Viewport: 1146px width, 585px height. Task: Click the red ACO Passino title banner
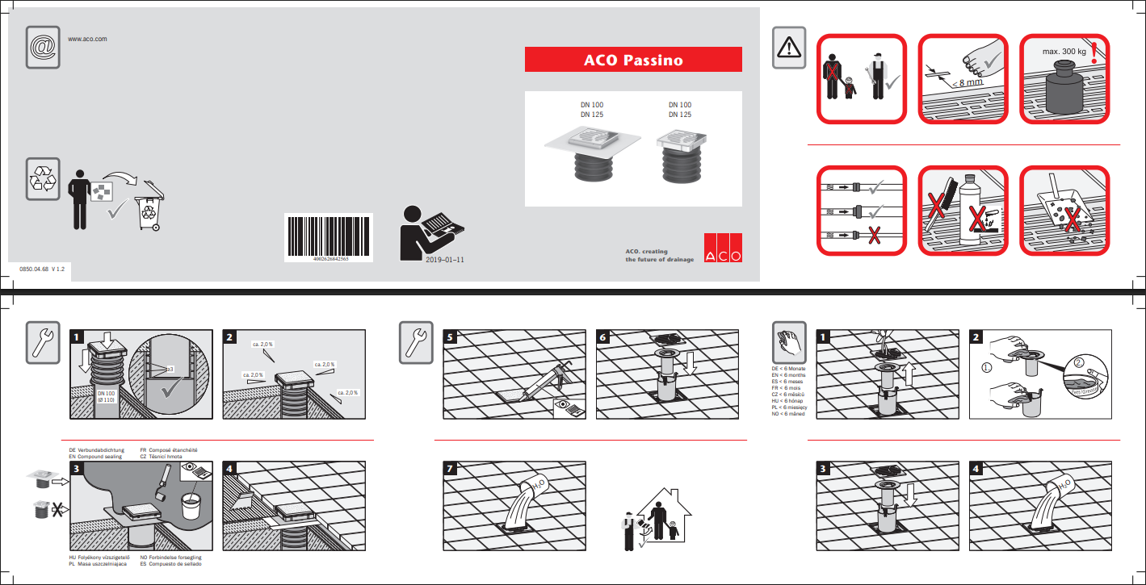[x=633, y=60]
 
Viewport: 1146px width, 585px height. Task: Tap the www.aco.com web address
[x=87, y=39]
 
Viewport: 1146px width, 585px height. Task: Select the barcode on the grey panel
[x=328, y=237]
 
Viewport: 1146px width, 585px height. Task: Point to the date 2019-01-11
[x=444, y=261]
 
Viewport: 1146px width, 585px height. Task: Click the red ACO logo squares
[x=722, y=248]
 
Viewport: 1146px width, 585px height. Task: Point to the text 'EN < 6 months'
[x=789, y=376]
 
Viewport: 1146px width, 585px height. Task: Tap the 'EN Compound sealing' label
[x=95, y=457]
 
